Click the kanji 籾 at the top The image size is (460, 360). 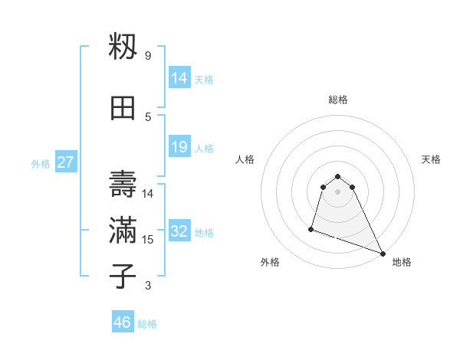click(x=123, y=47)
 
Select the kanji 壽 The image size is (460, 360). click(x=123, y=184)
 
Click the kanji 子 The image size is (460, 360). click(x=123, y=276)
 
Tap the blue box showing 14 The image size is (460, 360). click(x=179, y=77)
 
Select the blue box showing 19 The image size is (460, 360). click(x=179, y=147)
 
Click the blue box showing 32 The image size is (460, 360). click(x=179, y=231)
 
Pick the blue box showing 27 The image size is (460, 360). click(x=66, y=162)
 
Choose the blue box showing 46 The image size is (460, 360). click(x=123, y=322)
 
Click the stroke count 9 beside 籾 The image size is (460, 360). click(x=148, y=56)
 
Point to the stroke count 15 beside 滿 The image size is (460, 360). click(x=148, y=240)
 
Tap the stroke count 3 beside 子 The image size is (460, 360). click(x=148, y=286)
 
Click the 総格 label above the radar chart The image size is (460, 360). click(x=338, y=100)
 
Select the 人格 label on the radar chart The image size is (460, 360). click(x=245, y=159)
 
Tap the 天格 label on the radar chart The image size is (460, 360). click(x=431, y=159)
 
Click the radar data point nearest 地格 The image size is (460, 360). click(x=382, y=254)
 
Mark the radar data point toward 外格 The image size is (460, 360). click(x=311, y=228)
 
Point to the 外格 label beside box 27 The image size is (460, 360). click(x=40, y=163)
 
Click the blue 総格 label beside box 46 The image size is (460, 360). click(x=147, y=324)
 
